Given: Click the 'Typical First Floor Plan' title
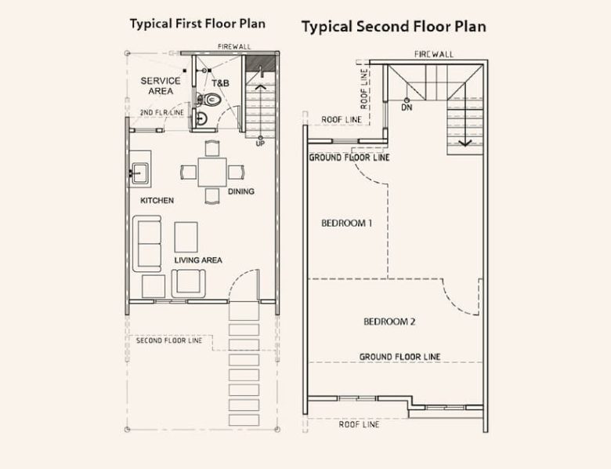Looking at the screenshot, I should click(x=197, y=24).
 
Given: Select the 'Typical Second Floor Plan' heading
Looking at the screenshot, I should click(x=393, y=27).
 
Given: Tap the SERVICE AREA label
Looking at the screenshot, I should click(x=161, y=85).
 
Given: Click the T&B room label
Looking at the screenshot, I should click(x=220, y=83).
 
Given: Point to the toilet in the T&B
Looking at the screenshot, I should click(x=210, y=100).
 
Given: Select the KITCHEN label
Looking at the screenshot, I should click(x=157, y=201).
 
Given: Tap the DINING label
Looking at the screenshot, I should click(x=241, y=191).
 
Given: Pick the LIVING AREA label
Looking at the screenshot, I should click(x=197, y=260).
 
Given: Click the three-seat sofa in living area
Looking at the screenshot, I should click(x=149, y=244).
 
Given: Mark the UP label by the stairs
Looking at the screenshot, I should click(x=260, y=144).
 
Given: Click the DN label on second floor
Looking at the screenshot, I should click(x=407, y=107).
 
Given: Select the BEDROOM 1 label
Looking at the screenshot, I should click(x=346, y=224).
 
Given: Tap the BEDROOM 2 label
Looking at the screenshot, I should click(x=389, y=322).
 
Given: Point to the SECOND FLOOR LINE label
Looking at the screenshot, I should click(x=169, y=340).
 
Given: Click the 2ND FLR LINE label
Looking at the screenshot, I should click(x=162, y=113).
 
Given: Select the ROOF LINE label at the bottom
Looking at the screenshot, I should click(x=359, y=424).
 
